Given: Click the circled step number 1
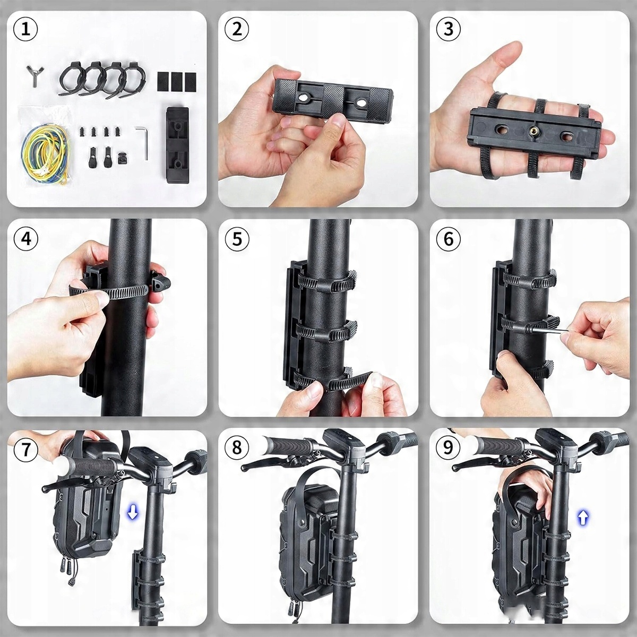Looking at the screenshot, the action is [x=25, y=29].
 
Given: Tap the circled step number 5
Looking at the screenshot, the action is [x=237, y=239].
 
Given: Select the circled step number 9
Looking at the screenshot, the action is [x=449, y=448].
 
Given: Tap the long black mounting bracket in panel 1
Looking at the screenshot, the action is [x=177, y=144].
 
